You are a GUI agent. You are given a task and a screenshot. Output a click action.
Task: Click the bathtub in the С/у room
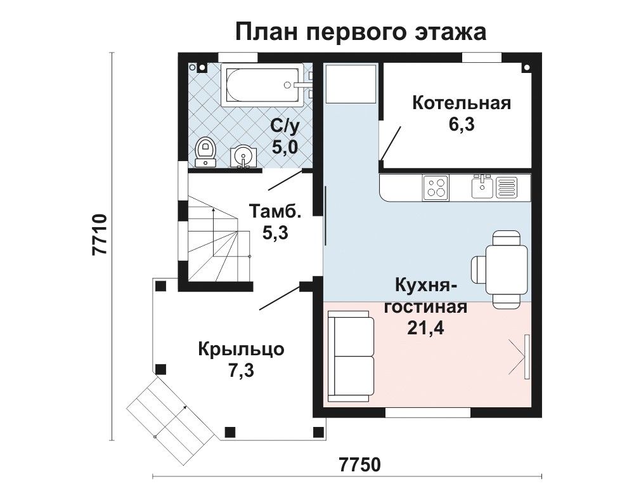point(262,85)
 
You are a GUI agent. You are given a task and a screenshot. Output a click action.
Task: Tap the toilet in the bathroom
point(205,152)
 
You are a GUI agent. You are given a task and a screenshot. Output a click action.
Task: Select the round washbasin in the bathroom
point(243,156)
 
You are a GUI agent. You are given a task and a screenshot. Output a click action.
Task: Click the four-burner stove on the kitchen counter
point(436,188)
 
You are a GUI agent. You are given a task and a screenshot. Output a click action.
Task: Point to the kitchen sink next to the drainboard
point(482,187)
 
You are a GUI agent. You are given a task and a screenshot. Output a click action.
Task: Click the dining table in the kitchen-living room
point(506,269)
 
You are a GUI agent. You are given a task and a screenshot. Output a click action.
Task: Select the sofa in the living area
point(351,356)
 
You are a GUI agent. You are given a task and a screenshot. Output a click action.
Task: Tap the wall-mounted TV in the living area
point(526,357)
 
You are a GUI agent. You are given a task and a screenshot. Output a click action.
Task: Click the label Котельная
point(462,103)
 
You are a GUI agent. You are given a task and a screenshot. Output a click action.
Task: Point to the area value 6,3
point(462,124)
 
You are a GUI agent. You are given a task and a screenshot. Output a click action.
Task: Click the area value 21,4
point(425,329)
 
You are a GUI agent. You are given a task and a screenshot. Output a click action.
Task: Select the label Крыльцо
point(241,349)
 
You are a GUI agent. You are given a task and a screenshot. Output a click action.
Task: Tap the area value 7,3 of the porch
point(242,370)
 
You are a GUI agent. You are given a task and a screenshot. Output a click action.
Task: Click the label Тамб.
point(275,211)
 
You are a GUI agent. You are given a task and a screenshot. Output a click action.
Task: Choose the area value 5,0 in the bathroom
point(285,147)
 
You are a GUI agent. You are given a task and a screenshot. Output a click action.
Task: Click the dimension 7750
point(360,464)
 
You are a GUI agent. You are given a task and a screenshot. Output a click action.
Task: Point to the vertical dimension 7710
point(100,233)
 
